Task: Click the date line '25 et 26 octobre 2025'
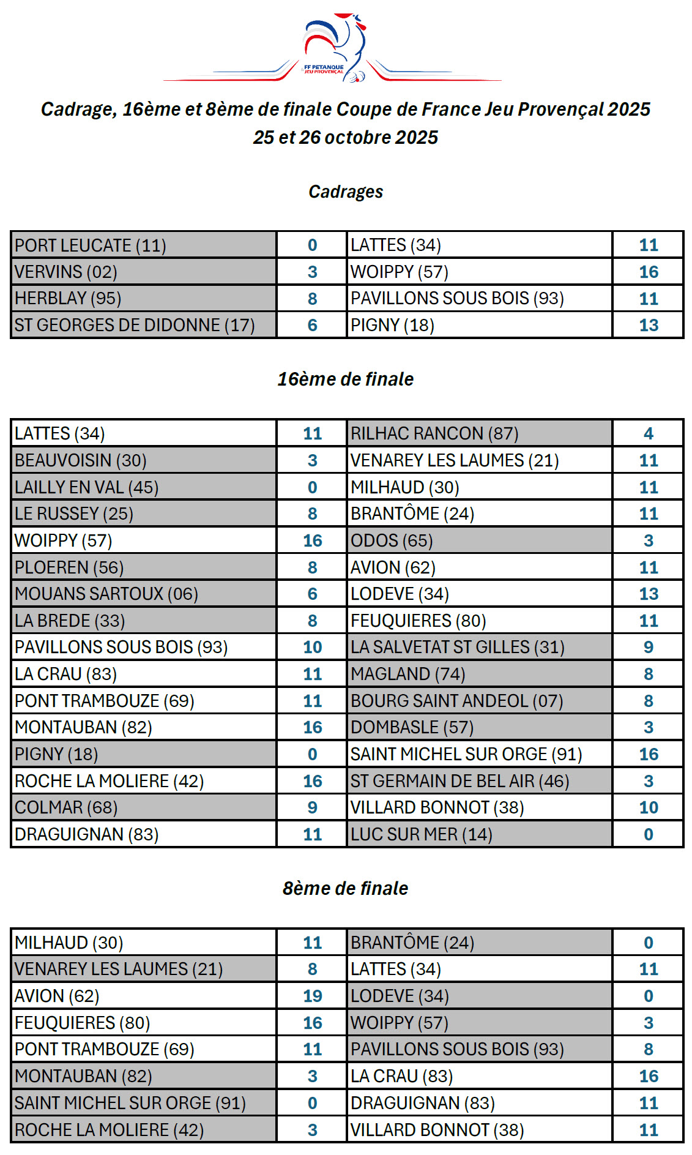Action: click(x=346, y=137)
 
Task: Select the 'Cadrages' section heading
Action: click(x=346, y=192)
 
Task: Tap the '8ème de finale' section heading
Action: click(x=346, y=888)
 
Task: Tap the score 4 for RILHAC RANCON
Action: click(x=649, y=433)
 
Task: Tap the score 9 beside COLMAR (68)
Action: click(x=312, y=807)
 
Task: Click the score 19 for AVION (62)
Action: click(x=312, y=996)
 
